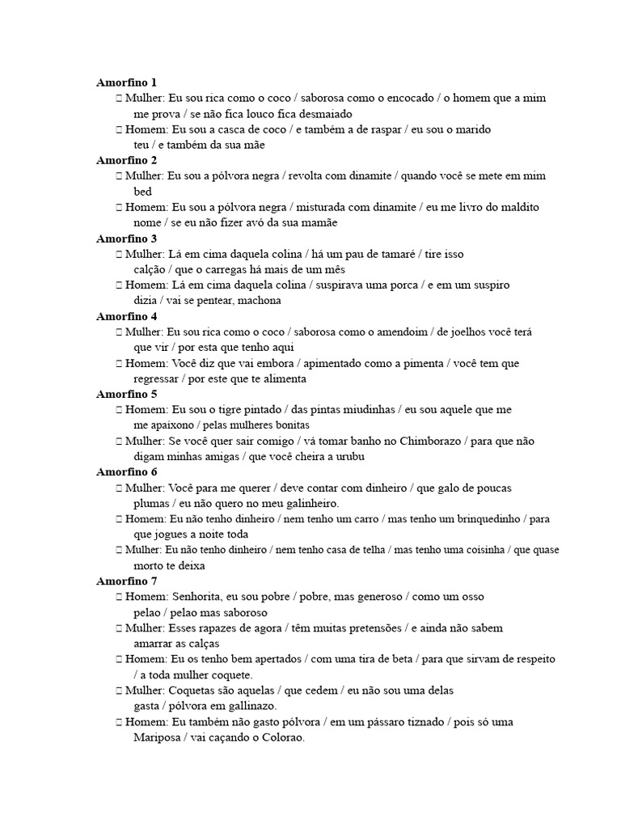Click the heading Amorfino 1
pyautogui.click(x=126, y=82)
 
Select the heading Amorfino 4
pyautogui.click(x=126, y=316)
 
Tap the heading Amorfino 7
pyautogui.click(x=126, y=581)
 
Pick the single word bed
pyautogui.click(x=143, y=192)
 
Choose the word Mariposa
pyautogui.click(x=157, y=737)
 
